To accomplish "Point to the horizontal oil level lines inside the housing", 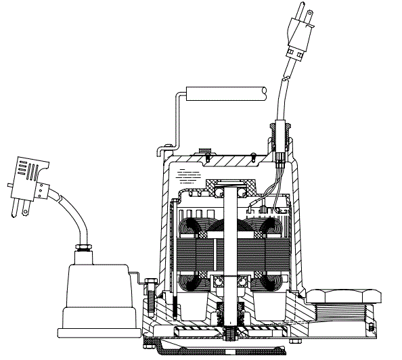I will click(189, 175).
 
